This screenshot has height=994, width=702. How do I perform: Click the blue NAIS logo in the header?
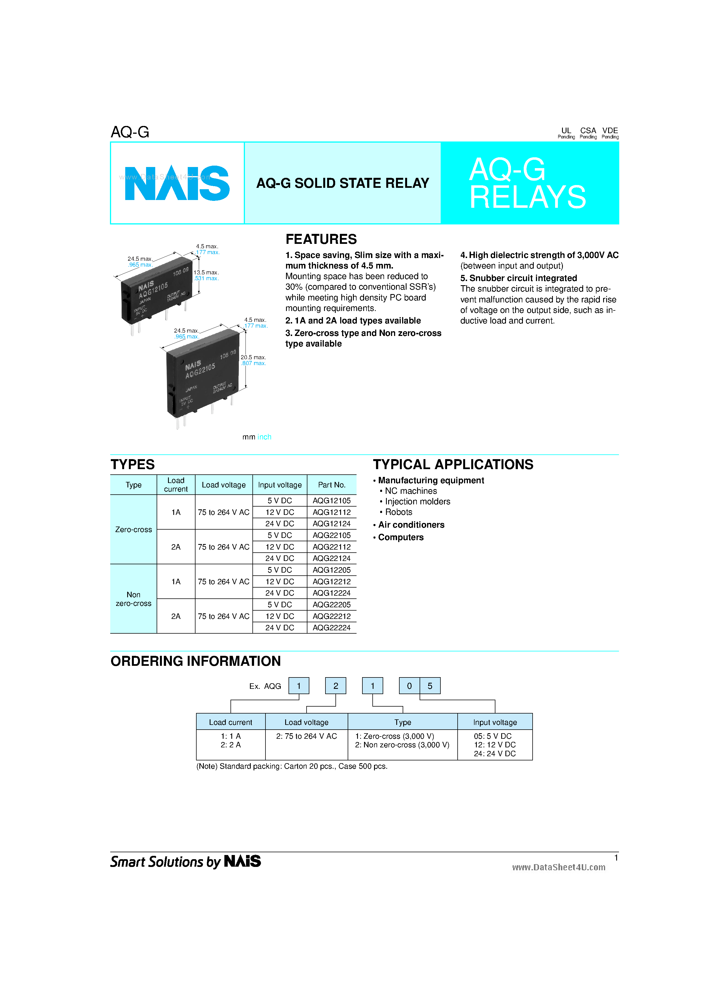(177, 183)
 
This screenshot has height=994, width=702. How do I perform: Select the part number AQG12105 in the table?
(332, 500)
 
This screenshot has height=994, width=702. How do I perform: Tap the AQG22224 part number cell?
(332, 628)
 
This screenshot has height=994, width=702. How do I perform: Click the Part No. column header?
(332, 485)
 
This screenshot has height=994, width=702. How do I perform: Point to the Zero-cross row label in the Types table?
(134, 530)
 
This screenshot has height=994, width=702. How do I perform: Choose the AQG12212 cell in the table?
(332, 581)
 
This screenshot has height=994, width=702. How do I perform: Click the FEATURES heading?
(321, 239)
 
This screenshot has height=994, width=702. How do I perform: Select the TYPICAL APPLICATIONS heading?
(453, 464)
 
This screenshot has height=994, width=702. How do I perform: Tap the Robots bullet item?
(398, 512)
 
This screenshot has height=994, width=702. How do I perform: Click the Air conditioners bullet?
(411, 525)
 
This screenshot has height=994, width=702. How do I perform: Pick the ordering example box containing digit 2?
(335, 686)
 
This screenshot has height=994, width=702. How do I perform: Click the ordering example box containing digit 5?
(430, 686)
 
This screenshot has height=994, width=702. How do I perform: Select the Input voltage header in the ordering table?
(495, 722)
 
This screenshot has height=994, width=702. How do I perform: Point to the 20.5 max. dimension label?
(253, 357)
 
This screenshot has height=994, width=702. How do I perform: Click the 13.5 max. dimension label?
(206, 272)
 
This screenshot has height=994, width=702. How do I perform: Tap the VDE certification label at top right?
(610, 131)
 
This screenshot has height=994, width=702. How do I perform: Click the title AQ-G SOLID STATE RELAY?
(342, 183)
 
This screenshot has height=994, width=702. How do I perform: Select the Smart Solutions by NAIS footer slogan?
(185, 861)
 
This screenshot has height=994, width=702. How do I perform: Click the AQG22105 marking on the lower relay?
(200, 371)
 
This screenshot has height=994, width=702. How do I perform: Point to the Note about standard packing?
(292, 766)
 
